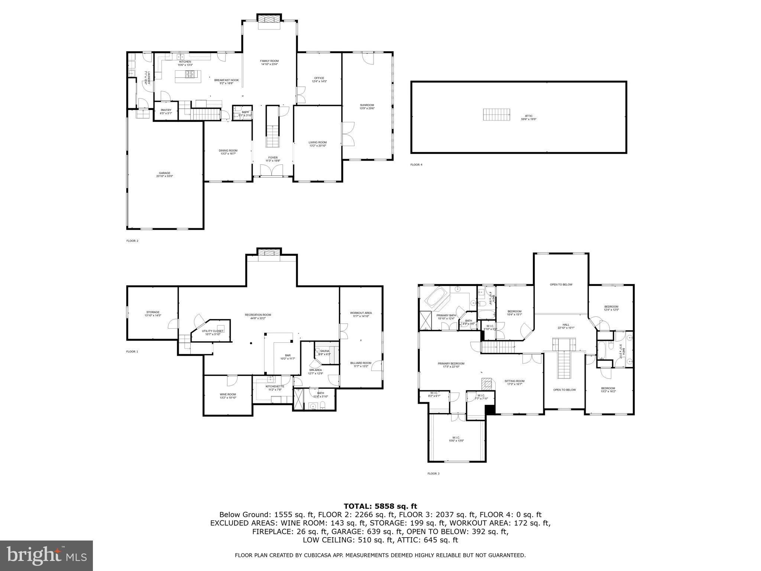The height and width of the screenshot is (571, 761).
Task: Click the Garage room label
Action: (x=165, y=174)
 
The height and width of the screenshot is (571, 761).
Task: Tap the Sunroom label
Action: (x=367, y=107)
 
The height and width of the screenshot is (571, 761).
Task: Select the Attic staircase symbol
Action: (x=496, y=114)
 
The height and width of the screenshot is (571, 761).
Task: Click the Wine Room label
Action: (x=228, y=396)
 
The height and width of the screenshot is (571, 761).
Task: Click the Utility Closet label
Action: (x=213, y=332)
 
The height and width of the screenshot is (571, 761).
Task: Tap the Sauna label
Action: (x=324, y=352)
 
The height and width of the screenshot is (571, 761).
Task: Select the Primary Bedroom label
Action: (x=451, y=365)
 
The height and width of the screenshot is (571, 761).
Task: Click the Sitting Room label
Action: (x=514, y=382)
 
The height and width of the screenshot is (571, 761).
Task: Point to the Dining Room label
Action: (x=228, y=152)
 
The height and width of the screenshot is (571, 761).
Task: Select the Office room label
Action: (x=319, y=80)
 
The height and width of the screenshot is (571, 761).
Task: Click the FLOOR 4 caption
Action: (x=416, y=165)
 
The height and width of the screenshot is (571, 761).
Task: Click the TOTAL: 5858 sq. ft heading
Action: (x=380, y=506)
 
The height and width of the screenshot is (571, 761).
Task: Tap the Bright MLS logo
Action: (x=46, y=556)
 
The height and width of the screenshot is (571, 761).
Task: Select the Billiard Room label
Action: (x=360, y=364)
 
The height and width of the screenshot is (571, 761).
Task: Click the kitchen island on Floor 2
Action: (x=188, y=77)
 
